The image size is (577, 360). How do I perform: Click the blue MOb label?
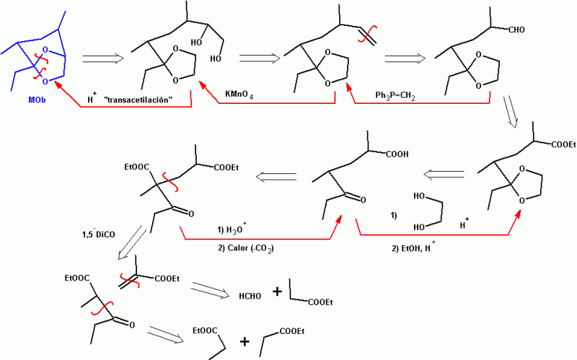(x=37, y=100)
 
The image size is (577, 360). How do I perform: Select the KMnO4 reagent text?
(x=239, y=95)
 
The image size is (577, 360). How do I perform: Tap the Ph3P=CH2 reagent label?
(x=395, y=95)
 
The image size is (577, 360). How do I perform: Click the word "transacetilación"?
(x=138, y=100)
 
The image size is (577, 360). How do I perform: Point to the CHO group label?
(x=516, y=30)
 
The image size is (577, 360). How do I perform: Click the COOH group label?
(x=397, y=154)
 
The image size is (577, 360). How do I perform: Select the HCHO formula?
(x=250, y=297)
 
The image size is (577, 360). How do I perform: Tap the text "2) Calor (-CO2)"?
(x=246, y=248)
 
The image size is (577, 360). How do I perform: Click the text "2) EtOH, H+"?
(x=413, y=248)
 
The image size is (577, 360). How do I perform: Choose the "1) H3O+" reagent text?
(x=232, y=229)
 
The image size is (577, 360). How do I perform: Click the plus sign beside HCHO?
(x=277, y=292)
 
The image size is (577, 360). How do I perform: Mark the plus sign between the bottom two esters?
(x=245, y=342)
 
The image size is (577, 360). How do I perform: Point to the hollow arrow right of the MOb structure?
(x=102, y=58)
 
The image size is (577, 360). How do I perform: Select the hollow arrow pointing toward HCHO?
(x=211, y=290)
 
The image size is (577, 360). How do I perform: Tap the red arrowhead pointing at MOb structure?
(x=58, y=86)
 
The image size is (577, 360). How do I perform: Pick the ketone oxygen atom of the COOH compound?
(x=364, y=201)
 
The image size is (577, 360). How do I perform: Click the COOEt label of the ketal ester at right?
(x=563, y=145)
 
